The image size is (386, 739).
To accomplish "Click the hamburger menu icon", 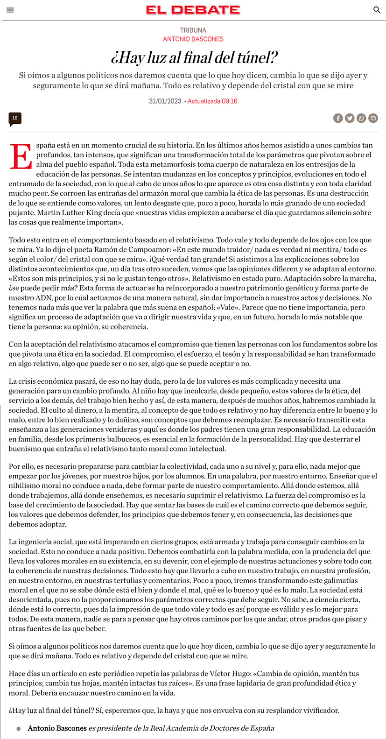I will click(10, 10).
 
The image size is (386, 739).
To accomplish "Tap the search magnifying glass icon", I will click(377, 10).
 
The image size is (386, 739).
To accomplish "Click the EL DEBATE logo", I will click(193, 10).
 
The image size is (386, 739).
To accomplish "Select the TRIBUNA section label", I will click(193, 30).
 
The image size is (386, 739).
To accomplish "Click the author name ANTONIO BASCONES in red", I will click(193, 39).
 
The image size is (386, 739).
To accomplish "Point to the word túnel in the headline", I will click(257, 57).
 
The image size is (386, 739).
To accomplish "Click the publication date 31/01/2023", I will click(165, 101).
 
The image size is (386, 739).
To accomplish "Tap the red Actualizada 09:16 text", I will click(212, 101).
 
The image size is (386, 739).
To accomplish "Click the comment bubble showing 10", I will click(15, 119).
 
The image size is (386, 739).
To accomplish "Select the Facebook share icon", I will click(338, 119).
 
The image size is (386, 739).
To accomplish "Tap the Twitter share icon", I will click(350, 119).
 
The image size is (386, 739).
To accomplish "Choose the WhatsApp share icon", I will click(361, 119).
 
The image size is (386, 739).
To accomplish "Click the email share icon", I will click(373, 119).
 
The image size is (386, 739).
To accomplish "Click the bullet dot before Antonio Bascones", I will click(19, 729).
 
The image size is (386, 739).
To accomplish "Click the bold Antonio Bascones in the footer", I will click(57, 728).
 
